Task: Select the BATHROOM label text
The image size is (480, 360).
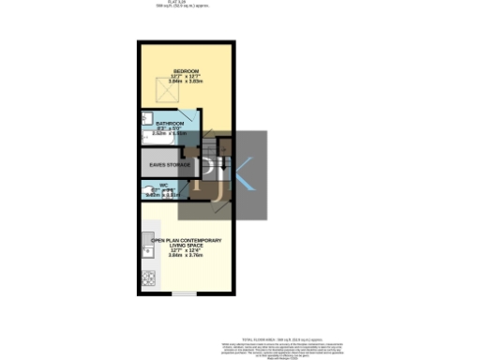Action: (x=171, y=122)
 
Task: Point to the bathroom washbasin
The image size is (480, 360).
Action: (x=146, y=119)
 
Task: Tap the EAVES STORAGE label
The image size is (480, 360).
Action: (x=170, y=165)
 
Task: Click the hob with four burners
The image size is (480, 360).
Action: (x=147, y=277)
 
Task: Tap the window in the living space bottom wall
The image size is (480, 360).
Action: (x=184, y=293)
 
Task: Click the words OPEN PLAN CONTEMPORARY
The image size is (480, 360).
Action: (x=186, y=241)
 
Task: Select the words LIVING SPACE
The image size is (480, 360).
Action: (x=186, y=246)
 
